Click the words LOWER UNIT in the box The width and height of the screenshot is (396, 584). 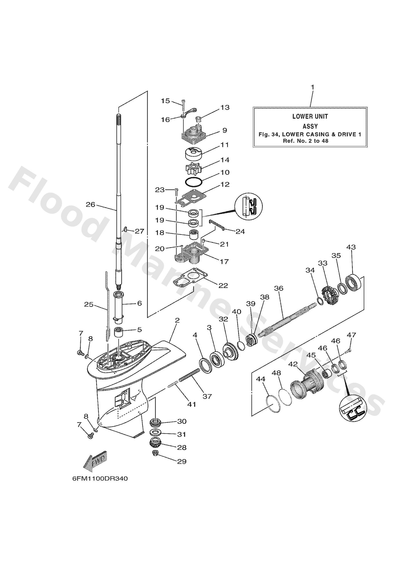(310, 117)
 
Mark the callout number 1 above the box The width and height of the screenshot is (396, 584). (313, 87)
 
